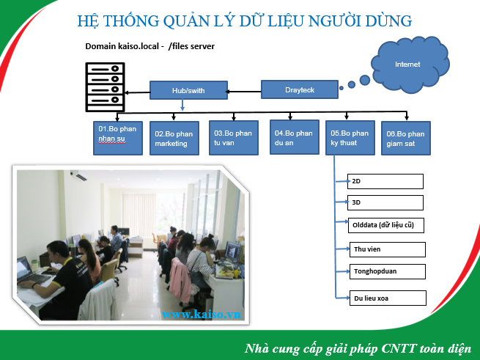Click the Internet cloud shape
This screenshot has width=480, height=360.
pos(410,65)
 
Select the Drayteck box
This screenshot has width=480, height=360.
pos(300,89)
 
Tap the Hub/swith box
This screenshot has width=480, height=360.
pos(188,90)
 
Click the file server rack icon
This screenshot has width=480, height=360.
pos(105,87)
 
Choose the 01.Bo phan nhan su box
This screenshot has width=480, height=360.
pos(118,138)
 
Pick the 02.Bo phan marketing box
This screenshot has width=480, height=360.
pos(174,138)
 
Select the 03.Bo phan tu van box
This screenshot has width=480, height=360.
pos(234,138)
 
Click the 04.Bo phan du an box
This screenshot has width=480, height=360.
pos(295,137)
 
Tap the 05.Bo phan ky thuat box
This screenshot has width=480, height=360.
pos(350,138)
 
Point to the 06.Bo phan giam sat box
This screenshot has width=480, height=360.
pos(406,138)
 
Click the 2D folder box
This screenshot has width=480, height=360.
pos(385,181)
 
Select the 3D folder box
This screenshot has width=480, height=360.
pos(385,202)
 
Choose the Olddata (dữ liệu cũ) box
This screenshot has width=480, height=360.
pos(386,225)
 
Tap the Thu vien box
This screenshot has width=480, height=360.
pos(388,249)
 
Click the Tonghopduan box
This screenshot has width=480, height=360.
pos(388,271)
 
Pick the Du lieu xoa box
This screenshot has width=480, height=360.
pos(388,298)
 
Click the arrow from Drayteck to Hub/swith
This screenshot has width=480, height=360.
pos(243,92)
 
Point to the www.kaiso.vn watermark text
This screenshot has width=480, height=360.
pos(201,315)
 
